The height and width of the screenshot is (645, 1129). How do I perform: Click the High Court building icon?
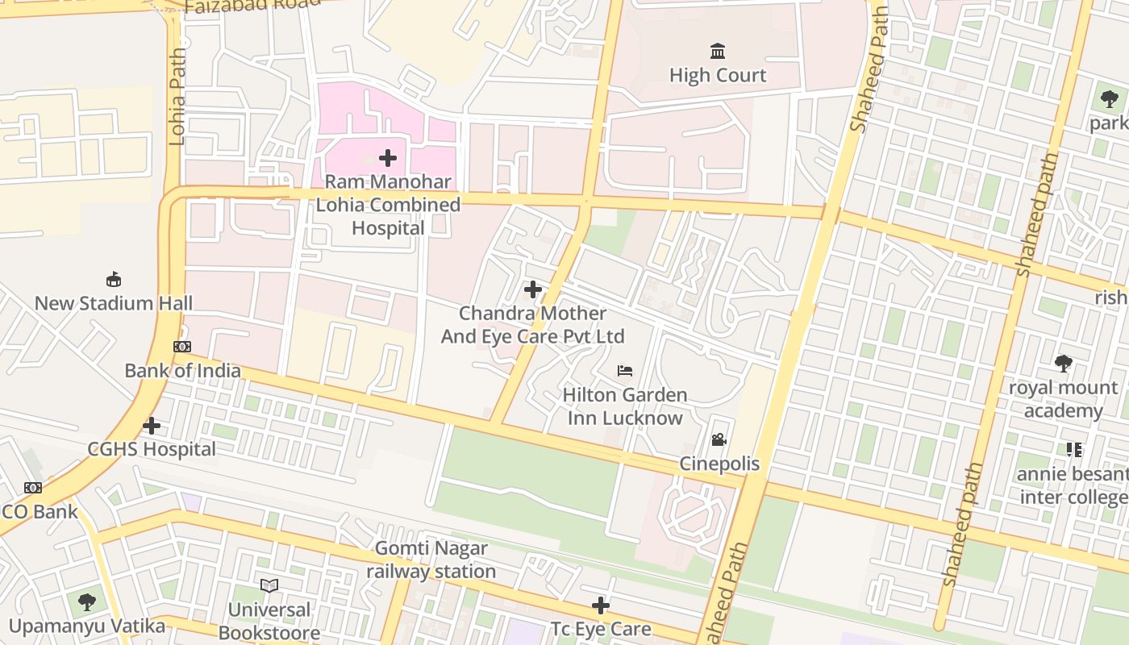point(718,52)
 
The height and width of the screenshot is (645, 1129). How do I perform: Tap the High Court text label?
point(718,76)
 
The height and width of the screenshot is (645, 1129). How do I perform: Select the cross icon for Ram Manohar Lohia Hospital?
point(388,158)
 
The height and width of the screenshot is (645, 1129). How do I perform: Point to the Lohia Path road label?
point(177,97)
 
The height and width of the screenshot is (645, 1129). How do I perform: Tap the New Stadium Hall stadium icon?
point(114,280)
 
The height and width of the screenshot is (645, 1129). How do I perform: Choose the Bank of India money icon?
point(182,347)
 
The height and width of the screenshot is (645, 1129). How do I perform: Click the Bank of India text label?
point(182,371)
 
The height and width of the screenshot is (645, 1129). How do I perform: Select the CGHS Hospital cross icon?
point(152,426)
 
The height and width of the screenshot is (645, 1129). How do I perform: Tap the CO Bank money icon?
point(32,488)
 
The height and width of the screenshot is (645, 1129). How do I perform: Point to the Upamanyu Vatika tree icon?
point(87,602)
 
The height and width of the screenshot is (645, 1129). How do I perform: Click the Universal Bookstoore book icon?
point(269,586)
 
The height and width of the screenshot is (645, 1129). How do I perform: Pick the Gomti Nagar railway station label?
point(431,560)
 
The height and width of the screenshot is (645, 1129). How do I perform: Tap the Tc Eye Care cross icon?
point(601,605)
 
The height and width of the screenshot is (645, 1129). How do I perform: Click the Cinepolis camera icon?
point(719,440)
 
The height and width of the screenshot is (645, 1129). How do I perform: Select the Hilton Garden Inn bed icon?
point(625,371)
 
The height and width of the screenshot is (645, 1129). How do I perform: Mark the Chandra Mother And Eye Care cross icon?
point(532,289)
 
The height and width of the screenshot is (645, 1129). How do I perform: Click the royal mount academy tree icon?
point(1064,364)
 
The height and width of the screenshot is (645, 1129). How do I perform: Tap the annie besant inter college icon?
point(1073,450)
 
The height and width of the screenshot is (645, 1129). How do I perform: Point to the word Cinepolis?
point(719,464)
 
